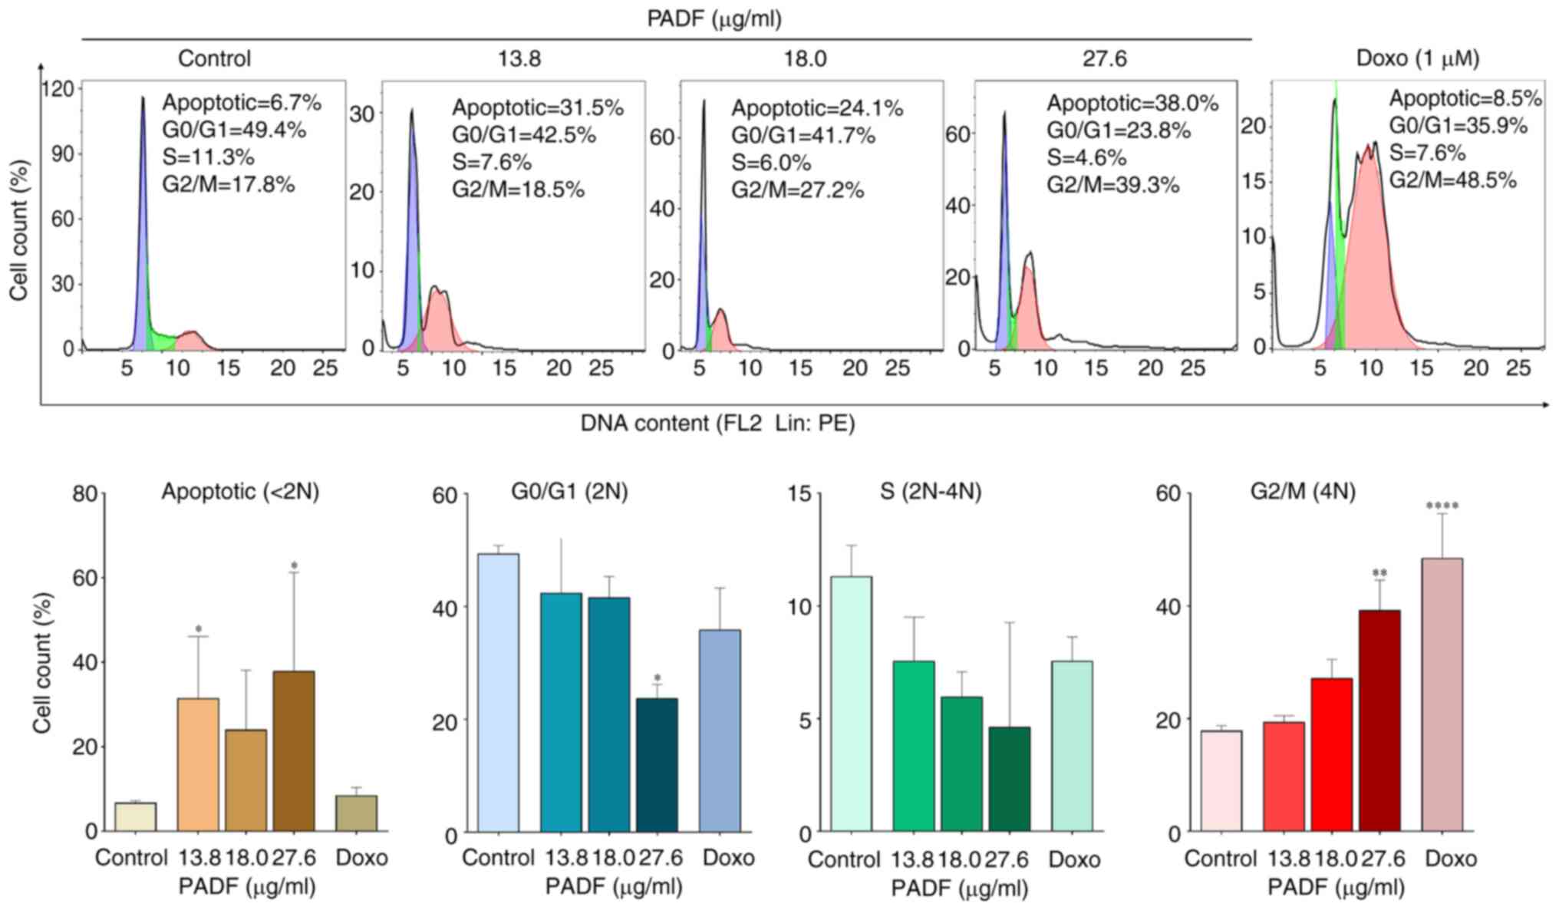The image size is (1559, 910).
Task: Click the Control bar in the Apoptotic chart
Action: pos(135,816)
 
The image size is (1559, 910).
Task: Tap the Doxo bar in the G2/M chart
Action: pos(1442,694)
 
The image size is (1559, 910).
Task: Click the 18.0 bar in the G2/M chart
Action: pos(1331,755)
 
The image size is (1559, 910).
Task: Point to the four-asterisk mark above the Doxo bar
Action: pos(1442,506)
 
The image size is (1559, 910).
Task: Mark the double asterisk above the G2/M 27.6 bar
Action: pos(1379,573)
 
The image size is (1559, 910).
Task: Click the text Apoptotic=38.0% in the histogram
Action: pos(1132,103)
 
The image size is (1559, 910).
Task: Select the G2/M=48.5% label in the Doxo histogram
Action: pos(1453,180)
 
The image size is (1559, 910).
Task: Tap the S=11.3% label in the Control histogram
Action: pos(208,157)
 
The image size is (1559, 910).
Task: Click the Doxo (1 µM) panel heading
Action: pos(1418,58)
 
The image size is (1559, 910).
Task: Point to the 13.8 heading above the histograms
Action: pos(519,58)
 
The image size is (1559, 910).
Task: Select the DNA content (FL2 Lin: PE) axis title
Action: pos(717,423)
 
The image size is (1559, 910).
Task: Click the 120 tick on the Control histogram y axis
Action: pos(58,89)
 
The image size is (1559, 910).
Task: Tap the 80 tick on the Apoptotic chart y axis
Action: pos(85,493)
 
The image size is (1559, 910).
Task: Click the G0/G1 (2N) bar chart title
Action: pos(569,491)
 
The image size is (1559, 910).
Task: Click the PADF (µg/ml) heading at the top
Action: pos(714,18)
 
